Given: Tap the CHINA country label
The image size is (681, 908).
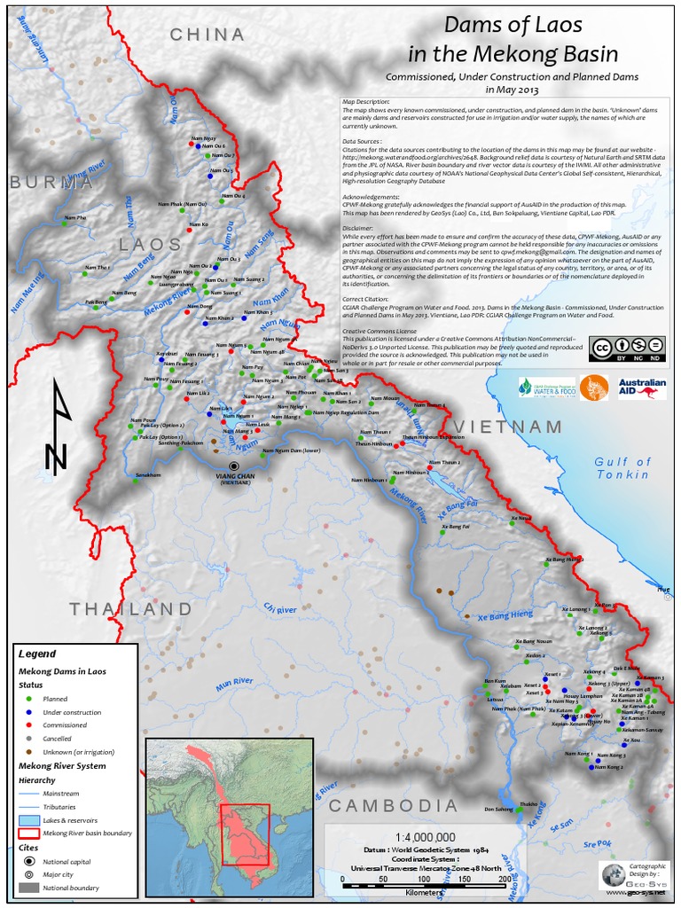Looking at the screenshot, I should pyautogui.click(x=207, y=35).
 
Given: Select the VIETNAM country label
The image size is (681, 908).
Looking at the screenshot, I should pyautogui.click(x=512, y=427).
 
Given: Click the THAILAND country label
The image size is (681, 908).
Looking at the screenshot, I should pyautogui.click(x=130, y=609).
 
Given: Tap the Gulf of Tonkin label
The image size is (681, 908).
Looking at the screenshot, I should pyautogui.click(x=622, y=468).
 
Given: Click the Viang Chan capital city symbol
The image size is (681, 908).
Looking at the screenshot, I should pyautogui.click(x=234, y=465).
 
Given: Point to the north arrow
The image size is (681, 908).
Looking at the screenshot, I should pyautogui.click(x=58, y=425).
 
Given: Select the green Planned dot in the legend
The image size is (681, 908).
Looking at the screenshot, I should pyautogui.click(x=30, y=700).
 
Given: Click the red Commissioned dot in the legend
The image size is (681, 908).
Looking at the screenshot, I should pyautogui.click(x=30, y=724).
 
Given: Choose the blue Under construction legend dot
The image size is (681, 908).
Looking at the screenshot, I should pyautogui.click(x=30, y=712).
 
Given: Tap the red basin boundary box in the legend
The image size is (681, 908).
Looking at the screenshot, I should pyautogui.click(x=28, y=834).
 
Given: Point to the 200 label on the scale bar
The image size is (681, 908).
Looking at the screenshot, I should pyautogui.click(x=505, y=879).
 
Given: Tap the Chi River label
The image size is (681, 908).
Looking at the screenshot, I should pyautogui.click(x=278, y=610).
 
